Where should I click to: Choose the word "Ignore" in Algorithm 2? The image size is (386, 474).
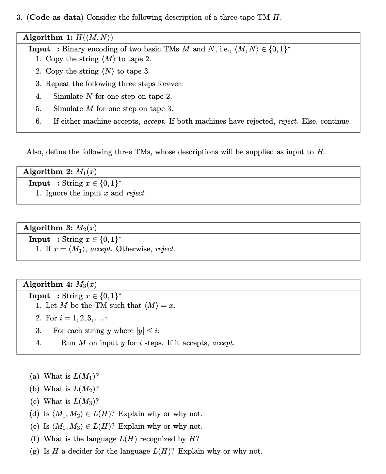click(57, 193)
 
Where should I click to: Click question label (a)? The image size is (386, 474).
click(35, 376)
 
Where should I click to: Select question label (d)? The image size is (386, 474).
click(35, 414)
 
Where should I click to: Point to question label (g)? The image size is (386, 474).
click(35, 451)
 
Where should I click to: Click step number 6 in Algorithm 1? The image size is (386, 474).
click(38, 121)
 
